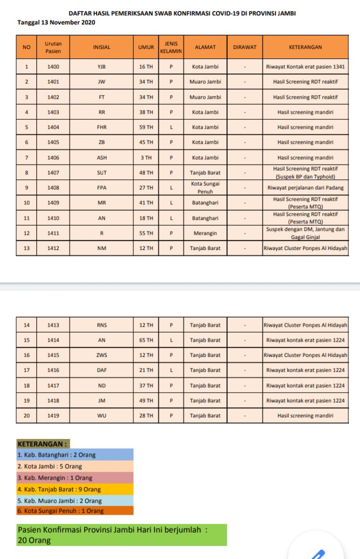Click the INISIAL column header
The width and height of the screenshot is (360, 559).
(x=101, y=47)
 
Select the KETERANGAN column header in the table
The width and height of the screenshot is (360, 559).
(x=305, y=47)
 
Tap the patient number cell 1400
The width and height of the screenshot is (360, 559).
(x=53, y=67)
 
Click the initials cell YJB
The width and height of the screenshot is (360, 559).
(x=101, y=67)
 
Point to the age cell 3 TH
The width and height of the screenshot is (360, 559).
(x=146, y=157)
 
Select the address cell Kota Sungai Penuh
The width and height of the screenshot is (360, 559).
(x=205, y=188)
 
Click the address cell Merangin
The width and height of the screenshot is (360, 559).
(x=205, y=233)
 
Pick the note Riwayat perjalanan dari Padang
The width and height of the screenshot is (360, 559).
(x=305, y=188)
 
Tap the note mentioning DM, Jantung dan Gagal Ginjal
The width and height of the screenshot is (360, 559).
(x=305, y=233)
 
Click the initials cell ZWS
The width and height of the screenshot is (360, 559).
(x=101, y=355)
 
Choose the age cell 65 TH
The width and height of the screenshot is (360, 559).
(x=146, y=340)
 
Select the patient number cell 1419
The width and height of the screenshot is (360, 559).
(x=53, y=416)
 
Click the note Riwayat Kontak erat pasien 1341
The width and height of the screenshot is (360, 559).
(x=305, y=67)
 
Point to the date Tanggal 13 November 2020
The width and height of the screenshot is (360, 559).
(x=56, y=22)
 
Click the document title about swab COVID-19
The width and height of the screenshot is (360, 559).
(x=182, y=13)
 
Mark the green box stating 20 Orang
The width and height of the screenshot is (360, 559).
(x=121, y=535)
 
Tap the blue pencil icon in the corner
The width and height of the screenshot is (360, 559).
(x=317, y=554)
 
